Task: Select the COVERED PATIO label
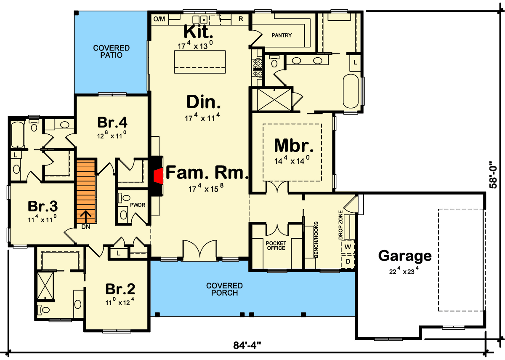pyautogui.click(x=111, y=51)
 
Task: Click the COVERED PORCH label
pyautogui.click(x=224, y=289)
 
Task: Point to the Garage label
pyautogui.click(x=404, y=256)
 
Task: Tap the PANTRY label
pyautogui.click(x=282, y=35)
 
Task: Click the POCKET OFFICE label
pyautogui.click(x=276, y=245)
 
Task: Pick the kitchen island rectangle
pyautogui.click(x=200, y=62)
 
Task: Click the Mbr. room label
pyautogui.click(x=294, y=145)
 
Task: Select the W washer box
pyautogui.click(x=348, y=246)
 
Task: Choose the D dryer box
pyautogui.click(x=348, y=261)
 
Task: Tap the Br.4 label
pyautogui.click(x=112, y=123)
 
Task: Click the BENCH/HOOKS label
pyautogui.click(x=316, y=240)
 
